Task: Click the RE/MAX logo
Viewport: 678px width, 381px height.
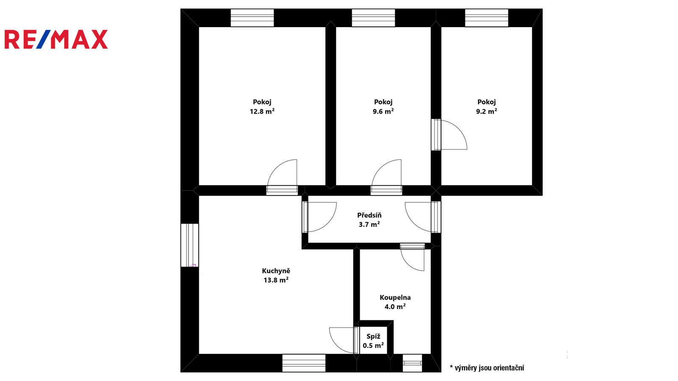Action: tap(56, 39)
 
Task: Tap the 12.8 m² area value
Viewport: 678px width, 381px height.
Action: tap(262, 111)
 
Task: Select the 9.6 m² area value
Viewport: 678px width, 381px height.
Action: tap(383, 111)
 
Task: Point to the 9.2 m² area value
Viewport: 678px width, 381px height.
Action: tap(486, 111)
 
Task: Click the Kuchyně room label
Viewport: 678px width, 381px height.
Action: tap(276, 271)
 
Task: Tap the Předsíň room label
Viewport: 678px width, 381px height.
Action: tap(369, 215)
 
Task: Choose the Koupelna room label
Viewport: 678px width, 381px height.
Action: tap(395, 297)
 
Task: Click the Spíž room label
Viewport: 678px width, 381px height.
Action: tap(373, 336)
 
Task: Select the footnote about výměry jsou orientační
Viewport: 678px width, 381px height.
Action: tap(487, 368)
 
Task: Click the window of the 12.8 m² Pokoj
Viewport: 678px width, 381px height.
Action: tap(252, 18)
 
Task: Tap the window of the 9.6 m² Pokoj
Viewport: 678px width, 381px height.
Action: tap(373, 18)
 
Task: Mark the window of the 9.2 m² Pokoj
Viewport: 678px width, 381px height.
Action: tap(486, 18)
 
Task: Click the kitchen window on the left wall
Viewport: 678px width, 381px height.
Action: tap(189, 245)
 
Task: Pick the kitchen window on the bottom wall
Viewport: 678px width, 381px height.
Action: tap(304, 363)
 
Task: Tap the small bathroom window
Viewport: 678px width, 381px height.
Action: tap(412, 363)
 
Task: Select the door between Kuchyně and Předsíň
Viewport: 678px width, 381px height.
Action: tap(320, 217)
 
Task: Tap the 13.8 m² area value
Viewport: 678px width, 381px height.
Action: tap(276, 280)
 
